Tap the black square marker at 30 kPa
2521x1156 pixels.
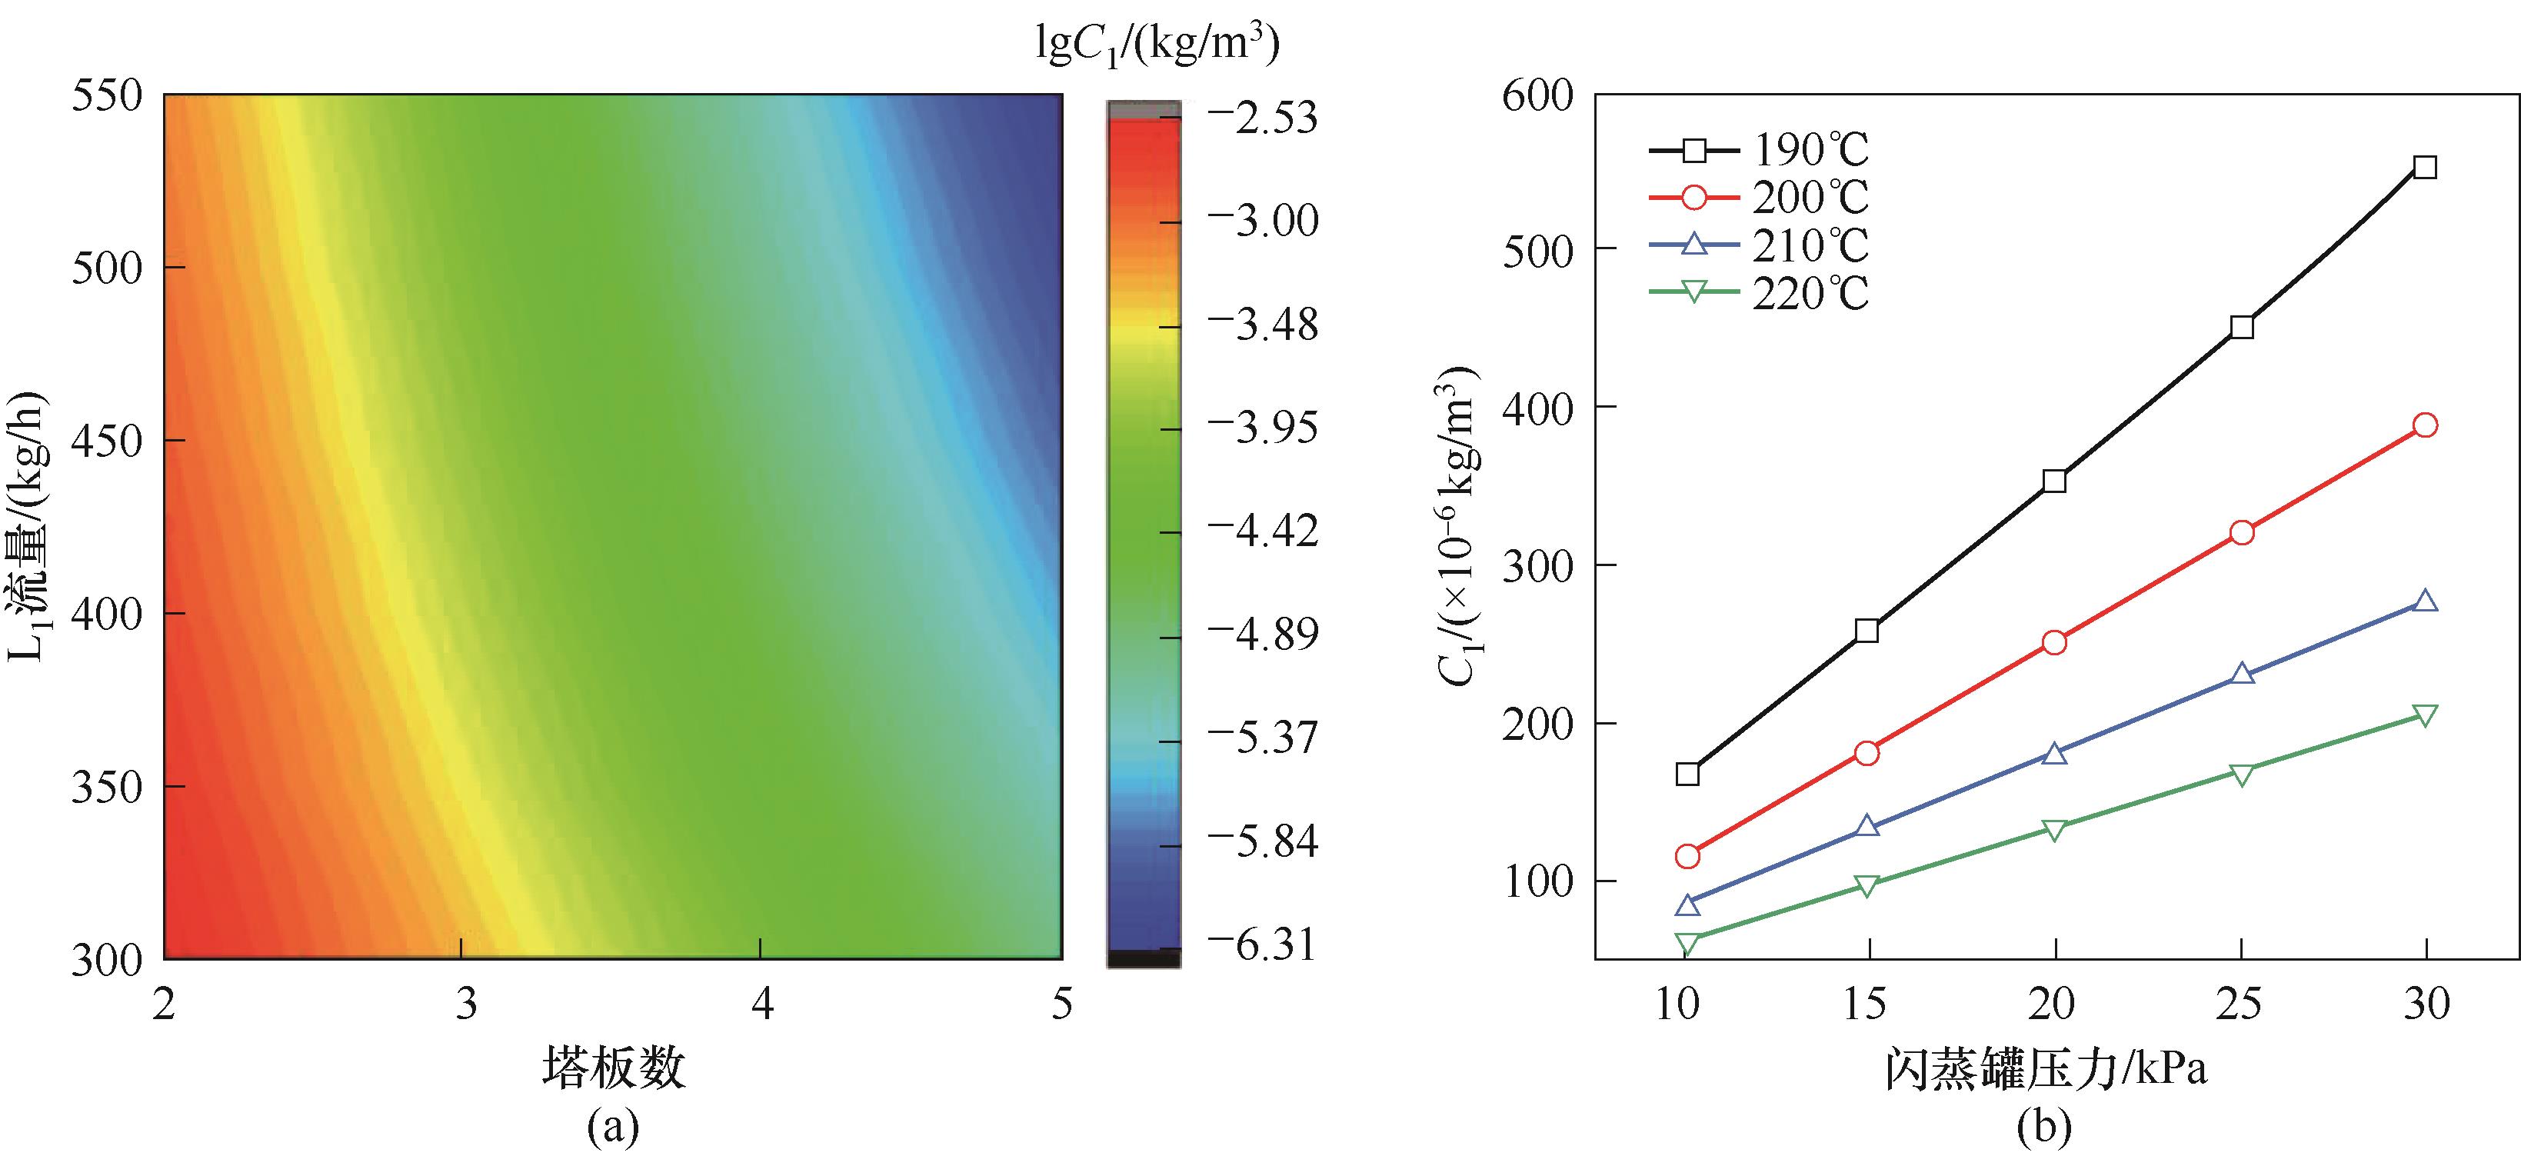tap(2425, 168)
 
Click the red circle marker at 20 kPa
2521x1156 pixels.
tap(2055, 642)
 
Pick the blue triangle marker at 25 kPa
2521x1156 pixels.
tap(2242, 674)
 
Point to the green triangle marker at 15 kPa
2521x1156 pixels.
tap(1867, 886)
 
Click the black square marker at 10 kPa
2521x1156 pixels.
tap(1687, 775)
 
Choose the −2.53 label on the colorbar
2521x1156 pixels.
tap(1264, 118)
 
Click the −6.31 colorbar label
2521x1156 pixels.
tap(1264, 945)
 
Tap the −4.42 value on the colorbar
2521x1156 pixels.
tap(1264, 531)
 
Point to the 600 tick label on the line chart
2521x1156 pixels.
tap(1537, 96)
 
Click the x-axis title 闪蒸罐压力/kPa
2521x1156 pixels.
tap(2046, 1069)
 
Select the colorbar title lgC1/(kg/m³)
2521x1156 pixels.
tap(1157, 43)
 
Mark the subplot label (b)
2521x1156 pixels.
tap(2044, 1128)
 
